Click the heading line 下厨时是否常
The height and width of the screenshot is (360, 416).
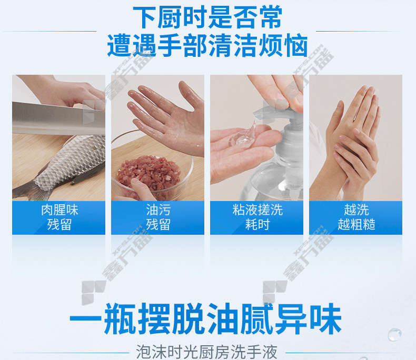pos(207,17)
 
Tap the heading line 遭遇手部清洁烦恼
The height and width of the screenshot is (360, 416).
pos(207,45)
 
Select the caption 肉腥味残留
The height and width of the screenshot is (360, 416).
pos(60,217)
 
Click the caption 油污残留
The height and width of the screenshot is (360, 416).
pos(159,217)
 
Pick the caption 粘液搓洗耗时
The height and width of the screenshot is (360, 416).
pos(257,217)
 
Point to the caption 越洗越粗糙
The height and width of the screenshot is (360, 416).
pos(356,217)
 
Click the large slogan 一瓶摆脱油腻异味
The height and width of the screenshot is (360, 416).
pos(205,319)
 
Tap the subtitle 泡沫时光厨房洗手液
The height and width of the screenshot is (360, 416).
pos(206,352)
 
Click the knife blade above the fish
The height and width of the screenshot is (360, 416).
pos(58,118)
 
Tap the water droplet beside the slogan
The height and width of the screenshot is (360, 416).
pos(394,334)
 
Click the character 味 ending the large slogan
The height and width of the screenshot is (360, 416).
pos(326,319)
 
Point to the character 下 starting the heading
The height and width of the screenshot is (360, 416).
pos(144,17)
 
